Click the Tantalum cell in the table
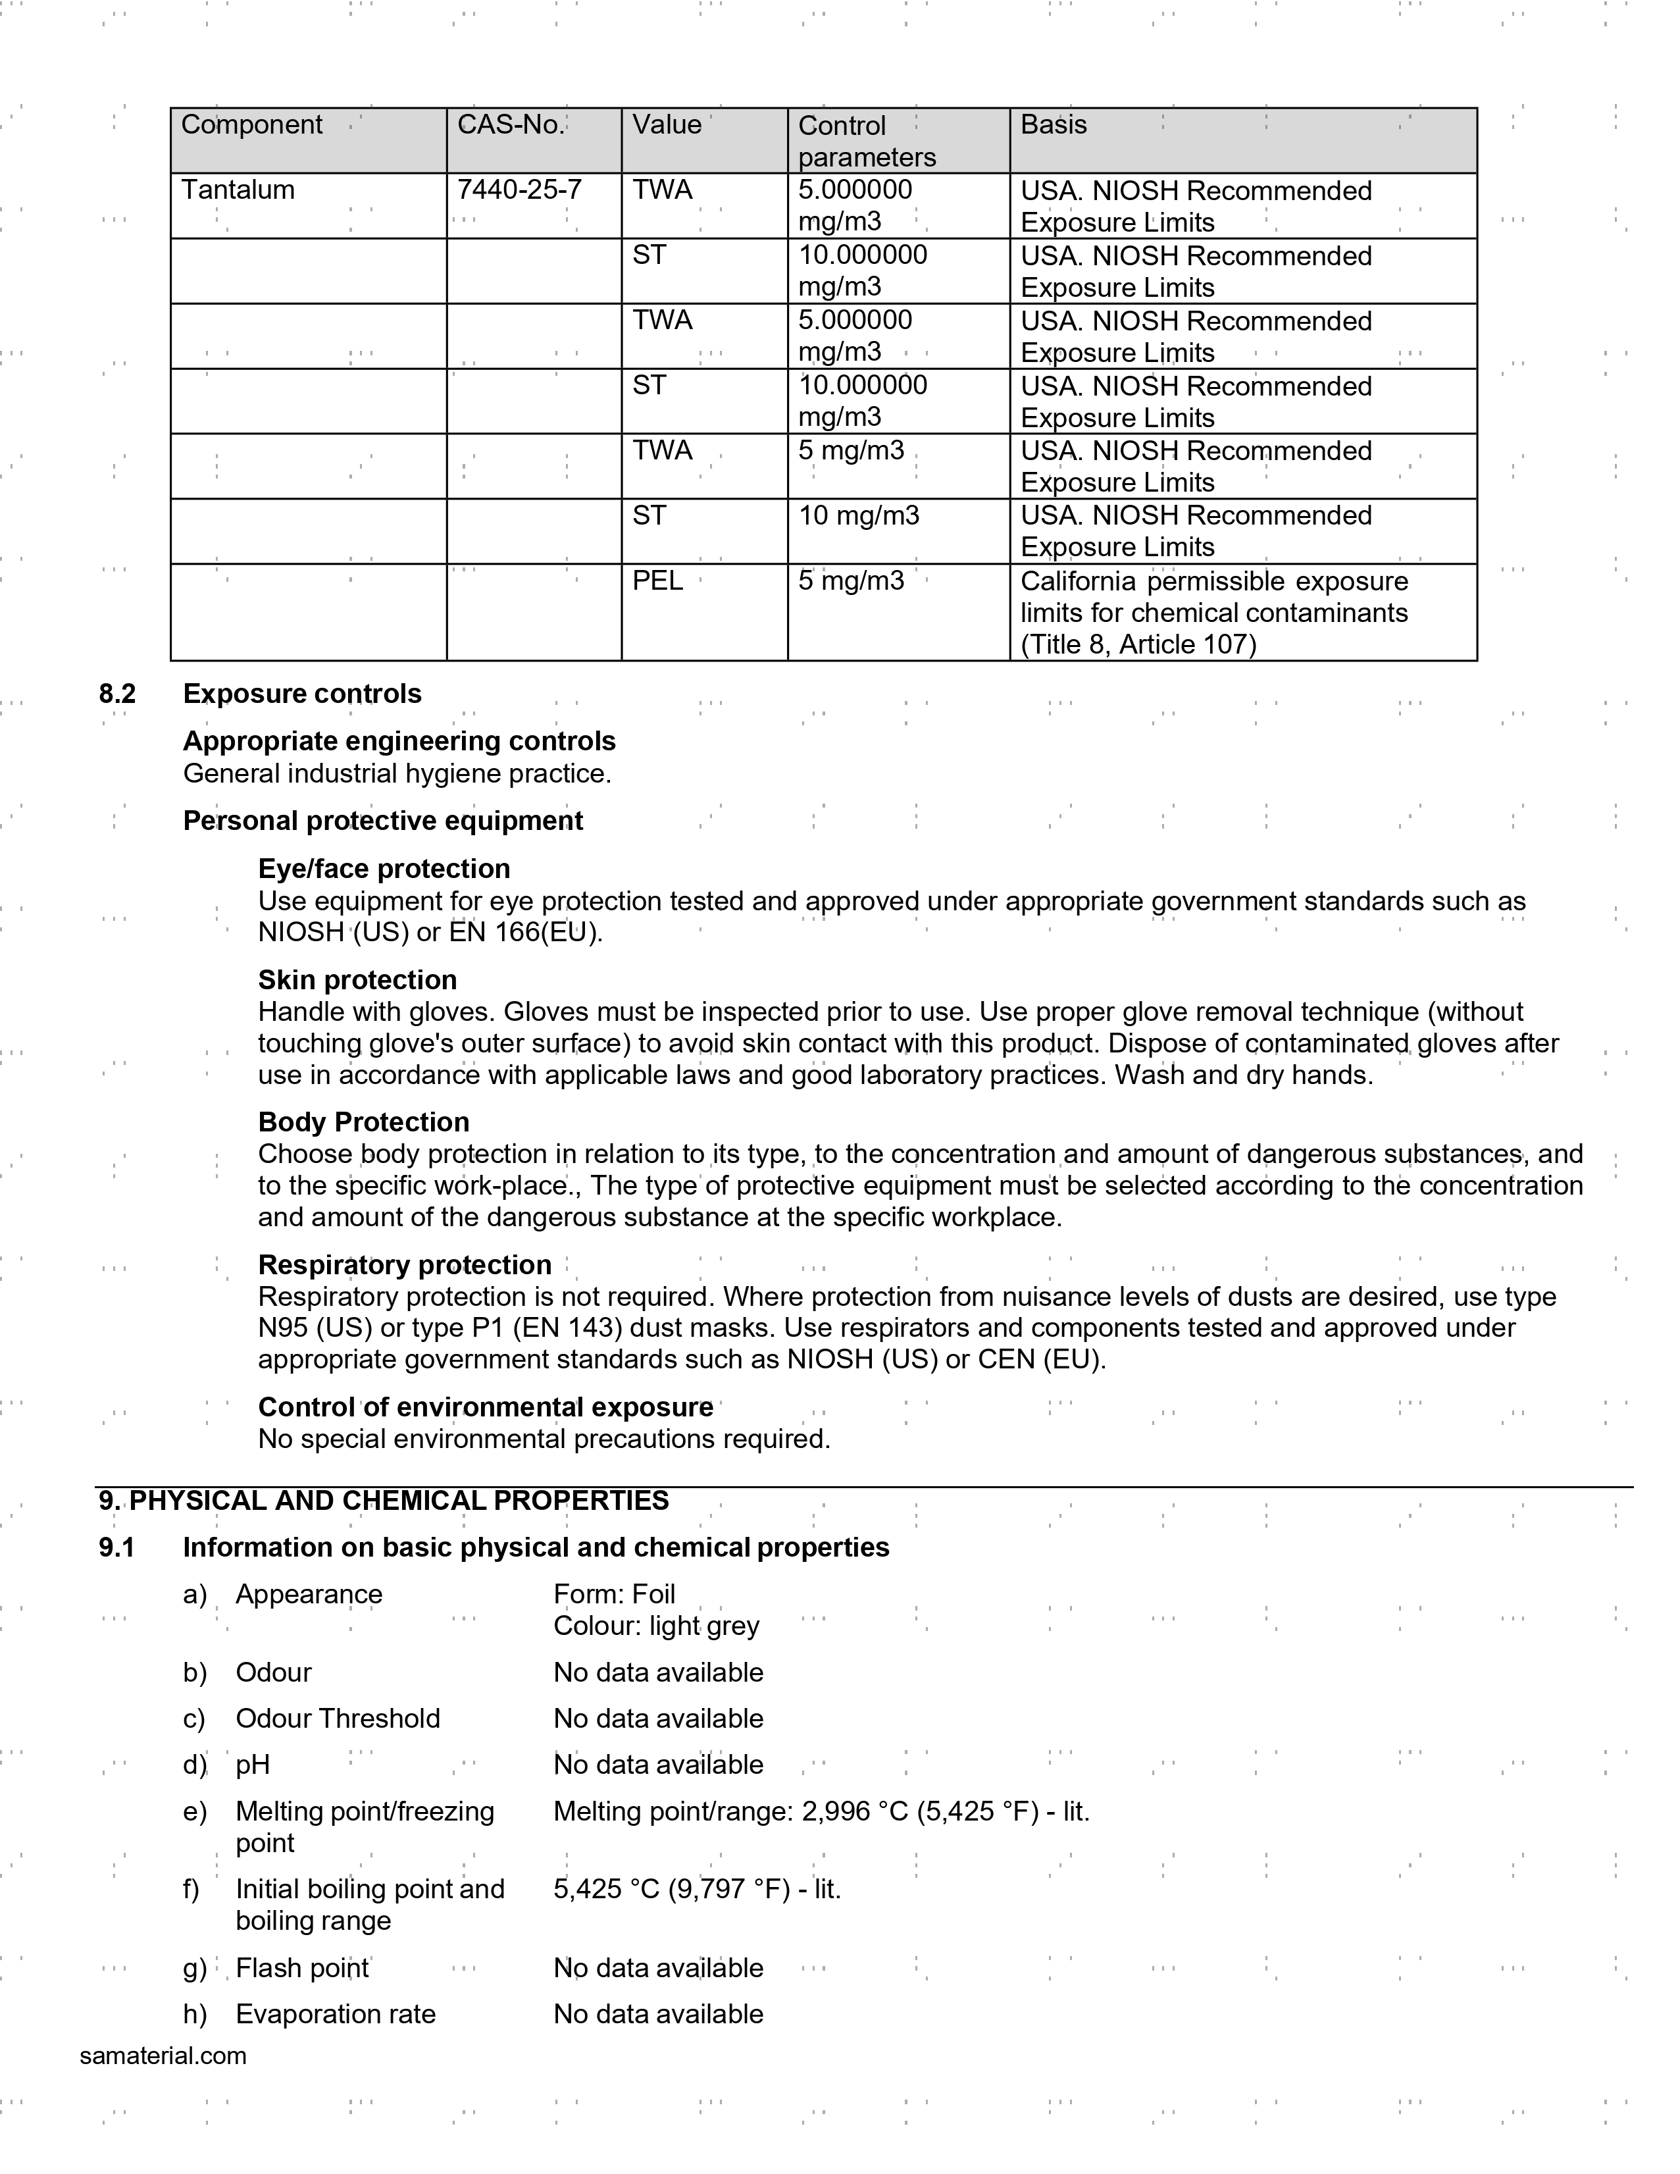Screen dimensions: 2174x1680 [238, 190]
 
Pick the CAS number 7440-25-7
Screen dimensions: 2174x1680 [519, 190]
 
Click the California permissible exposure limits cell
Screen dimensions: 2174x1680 [1214, 612]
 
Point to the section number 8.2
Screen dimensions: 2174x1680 [116, 694]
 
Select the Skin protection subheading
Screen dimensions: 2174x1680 [357, 981]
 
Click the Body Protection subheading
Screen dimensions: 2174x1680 [363, 1123]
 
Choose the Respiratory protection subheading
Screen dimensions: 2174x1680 [404, 1265]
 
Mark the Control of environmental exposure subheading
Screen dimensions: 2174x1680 [485, 1407]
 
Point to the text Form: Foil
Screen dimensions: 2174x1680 [614, 1595]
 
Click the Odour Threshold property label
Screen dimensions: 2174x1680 [338, 1719]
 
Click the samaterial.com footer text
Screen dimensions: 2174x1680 [163, 2056]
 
